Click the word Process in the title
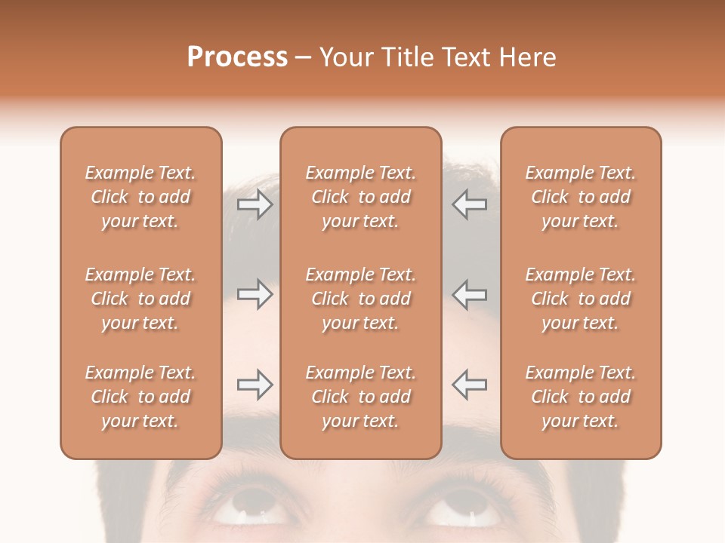coord(237,57)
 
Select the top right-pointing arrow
coord(255,204)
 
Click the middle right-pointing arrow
coord(255,294)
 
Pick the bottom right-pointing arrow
coord(255,385)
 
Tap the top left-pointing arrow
coord(469,204)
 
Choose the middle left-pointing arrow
coord(469,294)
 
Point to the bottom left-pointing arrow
coord(469,385)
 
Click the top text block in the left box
coord(140,197)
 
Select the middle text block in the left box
coord(140,299)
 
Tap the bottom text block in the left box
coord(140,397)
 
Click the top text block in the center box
coord(360,197)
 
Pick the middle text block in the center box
coord(360,299)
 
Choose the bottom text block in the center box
coord(360,397)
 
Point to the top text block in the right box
coord(581,197)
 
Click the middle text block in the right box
coord(581,299)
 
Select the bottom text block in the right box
coord(581,397)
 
